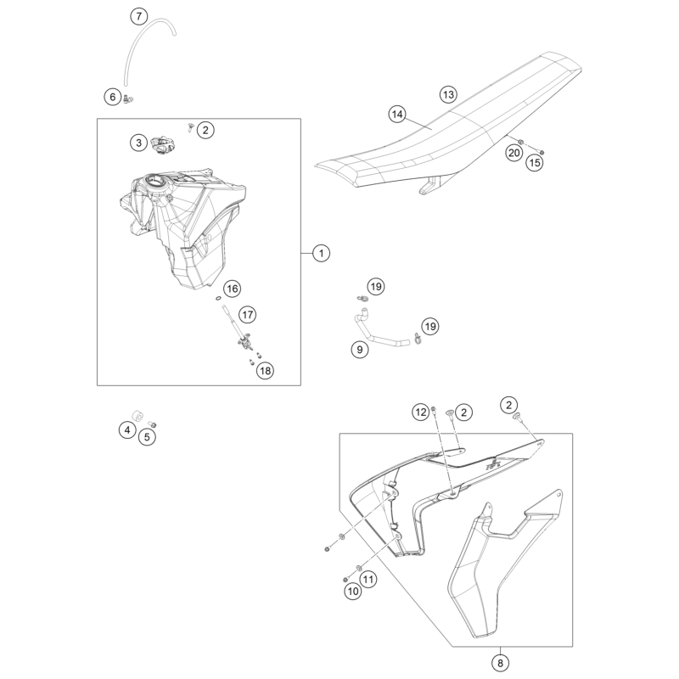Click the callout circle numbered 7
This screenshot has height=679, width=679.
pos(139,16)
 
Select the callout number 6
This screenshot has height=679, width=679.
pos(112,97)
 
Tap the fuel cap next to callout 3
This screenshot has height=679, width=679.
pos(161,145)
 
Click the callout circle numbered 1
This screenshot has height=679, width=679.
pos(320,252)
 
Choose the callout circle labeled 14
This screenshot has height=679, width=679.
pos(397,113)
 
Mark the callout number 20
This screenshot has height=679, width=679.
pos(513,153)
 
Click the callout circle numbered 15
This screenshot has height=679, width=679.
pos(534,160)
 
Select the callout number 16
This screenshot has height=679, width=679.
pos(232,288)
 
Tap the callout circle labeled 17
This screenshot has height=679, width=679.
pos(247,314)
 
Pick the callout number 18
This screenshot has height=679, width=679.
pos(266,370)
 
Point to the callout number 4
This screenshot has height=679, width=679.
pos(126,431)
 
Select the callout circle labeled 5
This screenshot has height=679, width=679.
pos(147,437)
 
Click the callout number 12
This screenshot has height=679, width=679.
pos(420,412)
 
